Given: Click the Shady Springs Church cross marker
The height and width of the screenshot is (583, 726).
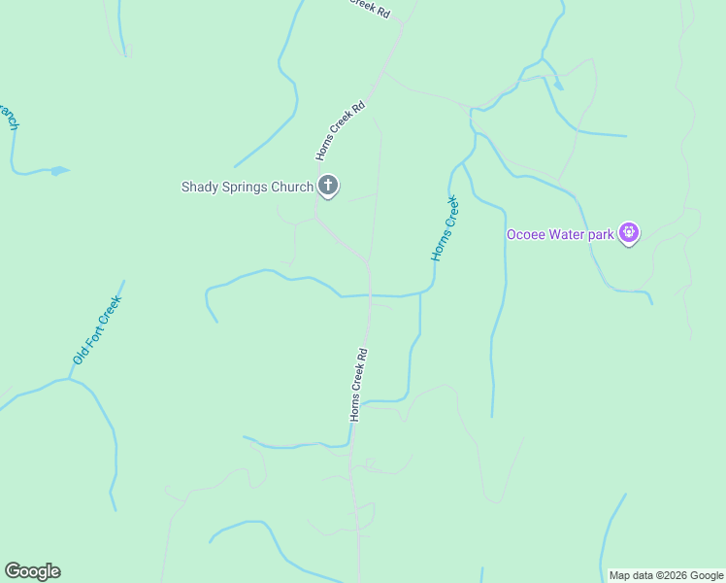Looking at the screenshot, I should coord(328,186).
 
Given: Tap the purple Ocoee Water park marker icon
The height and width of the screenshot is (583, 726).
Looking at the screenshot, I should coord(629,233).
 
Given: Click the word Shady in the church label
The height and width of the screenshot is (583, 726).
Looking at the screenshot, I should coord(200,187).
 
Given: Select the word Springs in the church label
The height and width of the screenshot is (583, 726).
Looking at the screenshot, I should coord(247,187).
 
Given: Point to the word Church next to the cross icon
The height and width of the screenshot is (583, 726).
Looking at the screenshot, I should coord(293,187).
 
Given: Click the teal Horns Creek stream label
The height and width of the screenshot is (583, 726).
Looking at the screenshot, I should coord(445,228).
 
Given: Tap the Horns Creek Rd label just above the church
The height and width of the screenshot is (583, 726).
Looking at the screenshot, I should coord(340,130).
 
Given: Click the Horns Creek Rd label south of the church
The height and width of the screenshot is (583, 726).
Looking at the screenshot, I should coord(358,384).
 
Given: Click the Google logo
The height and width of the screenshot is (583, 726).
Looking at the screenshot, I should coord(32,571).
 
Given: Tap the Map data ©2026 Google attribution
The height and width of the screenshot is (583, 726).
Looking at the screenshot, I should coord(667,575).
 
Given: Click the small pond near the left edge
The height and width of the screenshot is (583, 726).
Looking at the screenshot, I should coord(59,171).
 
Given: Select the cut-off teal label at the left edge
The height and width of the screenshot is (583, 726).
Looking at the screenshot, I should coord(10,117).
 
